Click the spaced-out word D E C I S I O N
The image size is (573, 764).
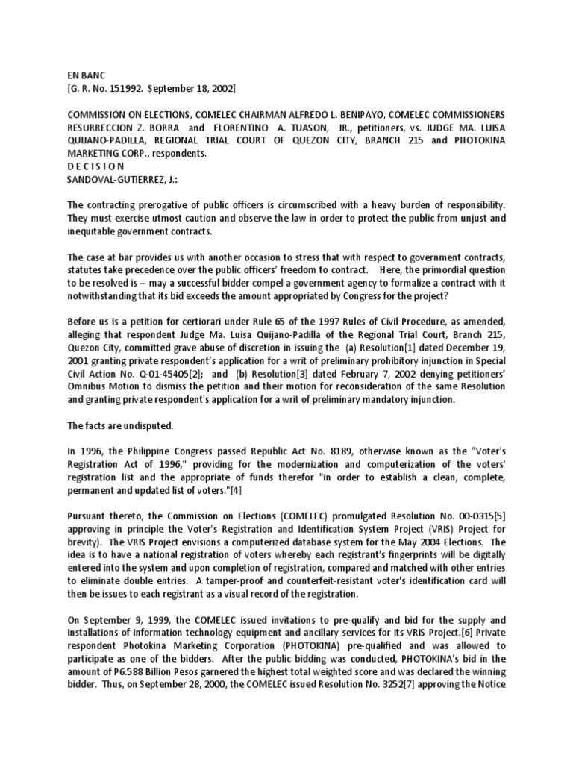[98, 166]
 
